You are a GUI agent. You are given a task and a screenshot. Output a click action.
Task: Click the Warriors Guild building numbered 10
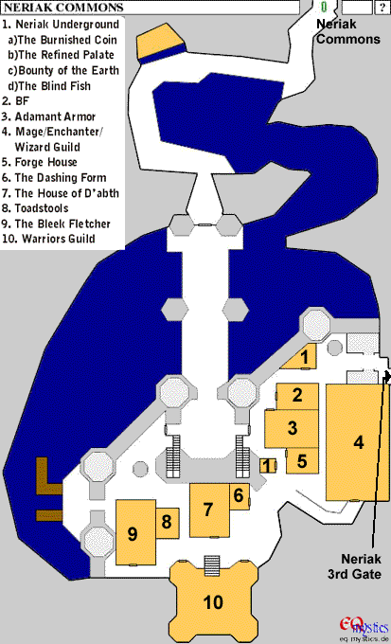click(x=214, y=603)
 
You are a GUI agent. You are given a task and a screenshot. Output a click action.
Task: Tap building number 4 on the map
click(x=357, y=442)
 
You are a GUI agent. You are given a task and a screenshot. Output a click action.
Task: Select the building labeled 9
click(x=136, y=532)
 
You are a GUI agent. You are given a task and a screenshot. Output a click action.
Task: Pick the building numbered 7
click(x=209, y=510)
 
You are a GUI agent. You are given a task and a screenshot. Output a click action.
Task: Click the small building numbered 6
click(x=240, y=496)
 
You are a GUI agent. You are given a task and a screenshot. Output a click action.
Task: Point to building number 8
click(x=168, y=523)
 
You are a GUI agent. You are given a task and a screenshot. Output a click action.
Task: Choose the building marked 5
click(x=302, y=461)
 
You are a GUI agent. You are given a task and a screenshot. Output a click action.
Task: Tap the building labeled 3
click(x=292, y=428)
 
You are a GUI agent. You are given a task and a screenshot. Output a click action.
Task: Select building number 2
click(x=297, y=396)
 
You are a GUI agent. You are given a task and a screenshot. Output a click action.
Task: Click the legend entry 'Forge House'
click(x=40, y=162)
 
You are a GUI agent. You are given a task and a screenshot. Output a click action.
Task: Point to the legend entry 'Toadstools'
click(x=35, y=208)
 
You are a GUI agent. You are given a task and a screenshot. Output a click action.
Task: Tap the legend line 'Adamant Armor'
click(x=48, y=116)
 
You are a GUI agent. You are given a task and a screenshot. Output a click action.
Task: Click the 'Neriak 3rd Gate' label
click(x=354, y=566)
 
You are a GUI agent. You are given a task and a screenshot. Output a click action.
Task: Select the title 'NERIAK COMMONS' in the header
click(x=63, y=8)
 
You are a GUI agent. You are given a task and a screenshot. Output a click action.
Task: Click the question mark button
click(x=382, y=7)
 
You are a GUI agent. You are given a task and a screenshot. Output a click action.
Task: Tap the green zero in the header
click(x=324, y=7)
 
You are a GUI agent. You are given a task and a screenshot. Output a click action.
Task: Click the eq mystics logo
click(x=364, y=629)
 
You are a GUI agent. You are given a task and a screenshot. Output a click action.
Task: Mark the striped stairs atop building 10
click(x=212, y=566)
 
